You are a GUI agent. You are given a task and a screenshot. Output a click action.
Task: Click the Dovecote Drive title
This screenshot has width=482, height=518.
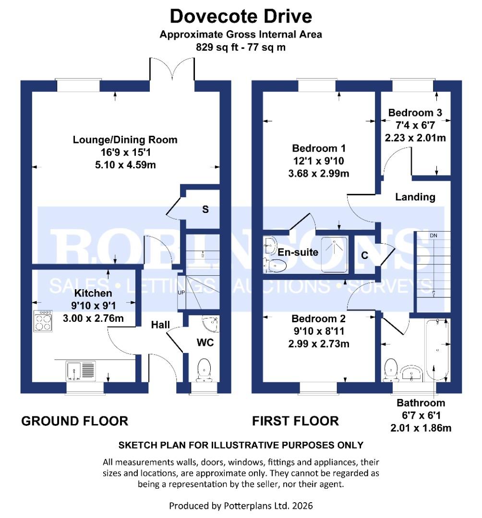click(x=241, y=16)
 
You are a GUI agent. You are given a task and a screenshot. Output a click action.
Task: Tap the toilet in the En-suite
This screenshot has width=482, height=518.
click(x=276, y=265)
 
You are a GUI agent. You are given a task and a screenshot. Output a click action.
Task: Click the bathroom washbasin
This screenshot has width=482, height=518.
click(x=410, y=373)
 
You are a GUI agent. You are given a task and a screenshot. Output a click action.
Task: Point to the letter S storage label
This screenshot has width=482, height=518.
click(x=205, y=210)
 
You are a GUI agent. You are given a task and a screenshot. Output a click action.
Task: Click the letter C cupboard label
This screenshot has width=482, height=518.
click(x=364, y=256)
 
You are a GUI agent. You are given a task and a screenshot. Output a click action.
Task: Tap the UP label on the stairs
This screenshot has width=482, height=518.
click(x=181, y=292)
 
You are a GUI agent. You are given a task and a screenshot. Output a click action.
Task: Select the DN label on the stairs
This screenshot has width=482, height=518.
click(x=434, y=235)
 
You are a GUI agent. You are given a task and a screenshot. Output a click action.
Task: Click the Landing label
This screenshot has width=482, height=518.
click(x=415, y=197)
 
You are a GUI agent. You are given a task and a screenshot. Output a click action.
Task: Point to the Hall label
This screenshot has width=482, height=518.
click(x=160, y=325)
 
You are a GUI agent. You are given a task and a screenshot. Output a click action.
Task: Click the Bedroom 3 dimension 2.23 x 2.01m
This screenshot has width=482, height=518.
click(x=415, y=137)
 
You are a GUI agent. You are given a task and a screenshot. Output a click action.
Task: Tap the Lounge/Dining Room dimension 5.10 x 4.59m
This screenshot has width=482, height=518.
click(x=125, y=165)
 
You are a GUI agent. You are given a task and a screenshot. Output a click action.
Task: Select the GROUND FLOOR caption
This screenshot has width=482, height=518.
click(x=75, y=421)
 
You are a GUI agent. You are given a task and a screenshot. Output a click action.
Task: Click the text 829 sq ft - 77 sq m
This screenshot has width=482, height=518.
click(x=241, y=47)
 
